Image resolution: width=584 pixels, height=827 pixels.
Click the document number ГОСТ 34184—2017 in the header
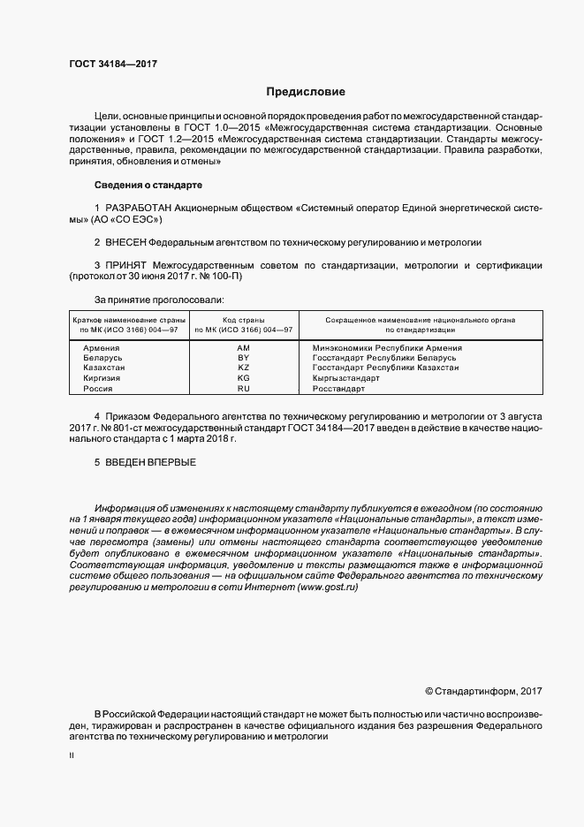(x=113, y=64)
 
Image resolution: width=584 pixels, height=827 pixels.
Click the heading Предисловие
(x=306, y=92)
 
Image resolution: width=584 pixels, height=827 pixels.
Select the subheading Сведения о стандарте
(x=148, y=185)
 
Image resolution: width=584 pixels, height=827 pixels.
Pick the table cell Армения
(x=101, y=348)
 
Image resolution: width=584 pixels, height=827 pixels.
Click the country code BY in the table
(x=244, y=358)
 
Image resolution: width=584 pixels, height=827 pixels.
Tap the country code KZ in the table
(x=244, y=368)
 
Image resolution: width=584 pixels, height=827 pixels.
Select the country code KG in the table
(x=244, y=378)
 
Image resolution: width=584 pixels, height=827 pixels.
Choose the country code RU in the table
(x=244, y=388)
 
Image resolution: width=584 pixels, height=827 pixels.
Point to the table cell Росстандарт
(x=339, y=388)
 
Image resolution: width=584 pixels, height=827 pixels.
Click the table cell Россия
(x=98, y=388)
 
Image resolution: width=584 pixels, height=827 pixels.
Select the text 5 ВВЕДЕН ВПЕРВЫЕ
(x=145, y=462)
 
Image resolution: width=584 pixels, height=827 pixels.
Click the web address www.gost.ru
(x=329, y=588)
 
